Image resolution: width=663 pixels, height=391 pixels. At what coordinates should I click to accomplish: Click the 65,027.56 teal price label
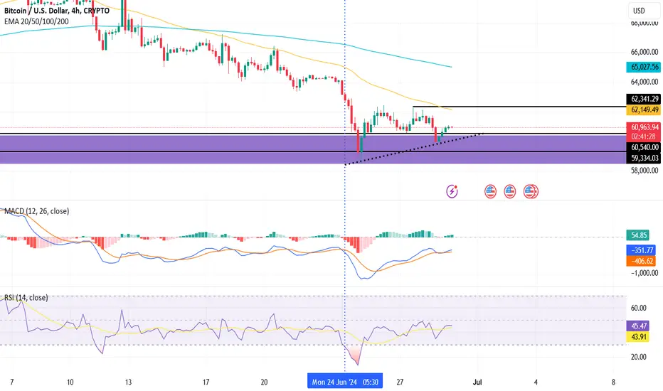coord(644,67)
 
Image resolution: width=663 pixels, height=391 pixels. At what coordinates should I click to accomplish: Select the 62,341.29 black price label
coord(644,98)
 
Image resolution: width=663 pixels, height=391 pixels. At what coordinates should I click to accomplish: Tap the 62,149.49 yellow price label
coord(644,110)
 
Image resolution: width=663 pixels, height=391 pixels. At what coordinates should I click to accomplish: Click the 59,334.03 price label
coord(644,158)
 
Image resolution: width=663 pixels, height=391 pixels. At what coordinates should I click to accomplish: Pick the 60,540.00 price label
coord(644,147)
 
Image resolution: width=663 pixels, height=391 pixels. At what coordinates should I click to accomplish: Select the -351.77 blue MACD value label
coord(641,250)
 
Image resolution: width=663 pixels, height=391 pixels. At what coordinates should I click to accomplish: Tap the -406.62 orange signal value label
coord(641,261)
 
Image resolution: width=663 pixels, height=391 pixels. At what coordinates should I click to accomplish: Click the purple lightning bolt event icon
coord(452,191)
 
